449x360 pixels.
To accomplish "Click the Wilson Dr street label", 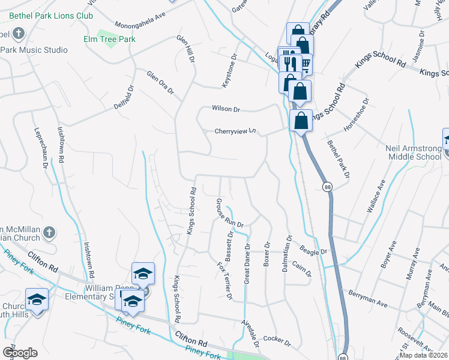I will (x=226, y=109).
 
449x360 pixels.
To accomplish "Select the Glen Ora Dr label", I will (x=160, y=82).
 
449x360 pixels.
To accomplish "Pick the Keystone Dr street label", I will (x=230, y=71).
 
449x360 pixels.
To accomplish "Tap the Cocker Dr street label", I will (x=276, y=342).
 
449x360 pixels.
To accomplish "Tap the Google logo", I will (x=20, y=353).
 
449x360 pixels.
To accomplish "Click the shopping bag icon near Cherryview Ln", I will (x=300, y=120).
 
